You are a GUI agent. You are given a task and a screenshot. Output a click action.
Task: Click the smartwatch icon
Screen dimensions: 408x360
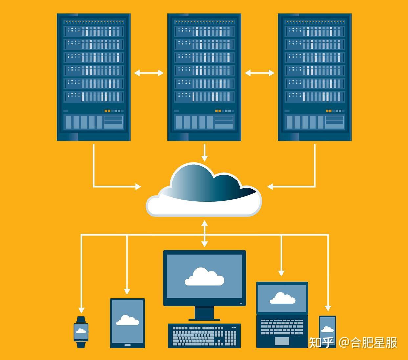pos(81,332)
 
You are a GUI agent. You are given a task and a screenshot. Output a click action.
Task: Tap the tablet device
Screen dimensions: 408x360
pos(127,323)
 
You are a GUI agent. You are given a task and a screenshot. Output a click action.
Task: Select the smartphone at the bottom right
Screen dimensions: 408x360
pos(328,332)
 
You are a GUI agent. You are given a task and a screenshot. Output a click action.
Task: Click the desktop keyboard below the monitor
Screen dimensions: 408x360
pos(204,336)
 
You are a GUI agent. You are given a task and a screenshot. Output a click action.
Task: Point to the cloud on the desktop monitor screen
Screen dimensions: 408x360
pos(204,276)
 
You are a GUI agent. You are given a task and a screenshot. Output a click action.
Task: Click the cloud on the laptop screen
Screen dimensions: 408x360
pos(282,298)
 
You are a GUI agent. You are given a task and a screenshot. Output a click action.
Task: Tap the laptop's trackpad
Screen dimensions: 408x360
pos(282,341)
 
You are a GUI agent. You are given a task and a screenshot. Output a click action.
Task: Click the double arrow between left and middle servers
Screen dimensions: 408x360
pos(148,73)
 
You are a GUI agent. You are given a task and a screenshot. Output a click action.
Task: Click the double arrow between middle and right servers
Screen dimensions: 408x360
pos(260,73)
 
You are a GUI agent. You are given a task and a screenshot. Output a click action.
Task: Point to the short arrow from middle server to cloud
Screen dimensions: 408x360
pos(204,153)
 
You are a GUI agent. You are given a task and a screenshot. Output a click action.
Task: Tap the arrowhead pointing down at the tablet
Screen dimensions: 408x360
pos(127,291)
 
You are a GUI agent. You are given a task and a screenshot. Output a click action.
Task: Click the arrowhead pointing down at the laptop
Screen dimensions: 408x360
pos(281,273)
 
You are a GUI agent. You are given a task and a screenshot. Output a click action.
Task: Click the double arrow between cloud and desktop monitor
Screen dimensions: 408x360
pos(204,234)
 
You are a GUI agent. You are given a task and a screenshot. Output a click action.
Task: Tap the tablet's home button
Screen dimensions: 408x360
pos(127,345)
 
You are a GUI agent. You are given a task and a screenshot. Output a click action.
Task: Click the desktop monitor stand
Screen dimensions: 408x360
pos(204,313)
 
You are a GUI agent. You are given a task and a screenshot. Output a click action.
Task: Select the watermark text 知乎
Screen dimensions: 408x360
pos(322,343)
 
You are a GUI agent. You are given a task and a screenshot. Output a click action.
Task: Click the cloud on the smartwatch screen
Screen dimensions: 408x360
pos(81,331)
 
